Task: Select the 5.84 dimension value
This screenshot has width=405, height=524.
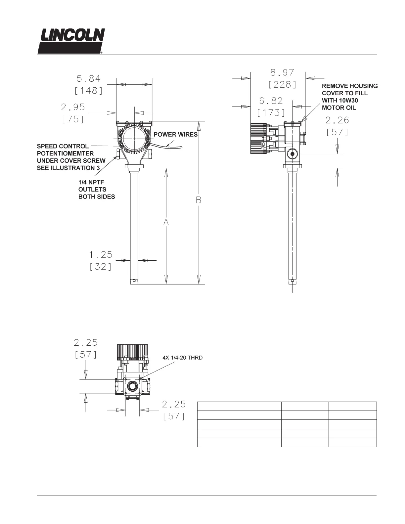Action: point(89,79)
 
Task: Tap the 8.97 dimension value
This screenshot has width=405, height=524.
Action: point(282,72)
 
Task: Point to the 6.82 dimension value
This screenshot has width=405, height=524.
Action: point(271,100)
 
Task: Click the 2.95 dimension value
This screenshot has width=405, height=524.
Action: point(73,107)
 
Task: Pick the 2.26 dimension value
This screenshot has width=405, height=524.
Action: point(337,120)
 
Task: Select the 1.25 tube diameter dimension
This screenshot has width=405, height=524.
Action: point(101,255)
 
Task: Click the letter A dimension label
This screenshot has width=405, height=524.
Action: point(166,223)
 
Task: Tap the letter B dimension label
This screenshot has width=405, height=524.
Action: point(199,200)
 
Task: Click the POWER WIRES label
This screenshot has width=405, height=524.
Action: point(176,135)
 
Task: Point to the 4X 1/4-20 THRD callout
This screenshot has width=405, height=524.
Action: point(182,358)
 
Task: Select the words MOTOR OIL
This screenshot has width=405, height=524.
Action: point(339,108)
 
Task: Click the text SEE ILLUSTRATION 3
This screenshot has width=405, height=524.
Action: point(68,168)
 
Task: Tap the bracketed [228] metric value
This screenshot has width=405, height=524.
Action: point(282,85)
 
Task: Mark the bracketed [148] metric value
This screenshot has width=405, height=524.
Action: point(89,91)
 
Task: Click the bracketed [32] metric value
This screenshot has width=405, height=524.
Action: point(101,267)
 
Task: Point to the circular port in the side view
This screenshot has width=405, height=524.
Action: point(292,154)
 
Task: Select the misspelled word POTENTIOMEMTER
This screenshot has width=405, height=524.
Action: point(65,153)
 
